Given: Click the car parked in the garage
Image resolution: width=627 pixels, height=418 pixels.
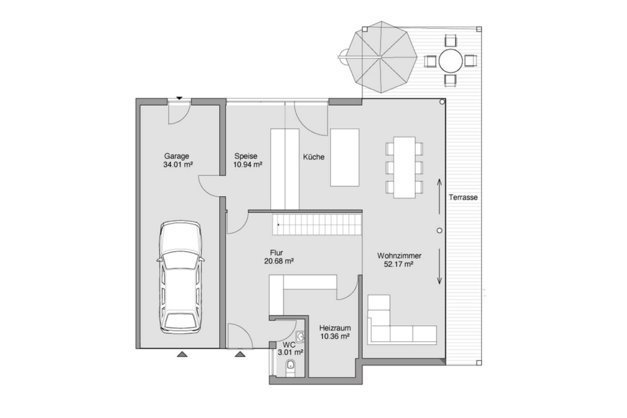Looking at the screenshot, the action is coord(180,277).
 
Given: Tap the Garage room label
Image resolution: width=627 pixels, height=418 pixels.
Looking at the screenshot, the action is coord(177,156).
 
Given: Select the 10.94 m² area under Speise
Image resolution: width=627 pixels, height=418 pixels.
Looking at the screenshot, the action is coord(248,165).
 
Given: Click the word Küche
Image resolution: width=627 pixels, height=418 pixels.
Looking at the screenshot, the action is coord(314,157).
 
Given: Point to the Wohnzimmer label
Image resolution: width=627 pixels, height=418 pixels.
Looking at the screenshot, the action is coord(399,256).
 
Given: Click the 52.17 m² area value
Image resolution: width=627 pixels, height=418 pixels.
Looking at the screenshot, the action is coord(399,264).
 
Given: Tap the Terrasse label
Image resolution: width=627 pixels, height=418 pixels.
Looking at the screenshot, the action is coord(463,197).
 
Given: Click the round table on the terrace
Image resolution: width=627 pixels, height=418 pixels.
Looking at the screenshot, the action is coord(450,61).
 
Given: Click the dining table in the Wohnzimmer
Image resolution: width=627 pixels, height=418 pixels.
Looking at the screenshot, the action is coord(404,167).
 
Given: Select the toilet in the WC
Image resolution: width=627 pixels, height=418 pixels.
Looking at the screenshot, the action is coord(291,367).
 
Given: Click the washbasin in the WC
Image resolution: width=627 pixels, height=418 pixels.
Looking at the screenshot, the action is coord(300,336).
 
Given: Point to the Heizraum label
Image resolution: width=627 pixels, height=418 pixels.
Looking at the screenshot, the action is coord(335,328).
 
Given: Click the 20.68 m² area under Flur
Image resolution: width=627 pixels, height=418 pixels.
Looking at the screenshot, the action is coord(279,262).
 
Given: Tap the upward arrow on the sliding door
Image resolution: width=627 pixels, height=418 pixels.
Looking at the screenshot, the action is coord(439,196).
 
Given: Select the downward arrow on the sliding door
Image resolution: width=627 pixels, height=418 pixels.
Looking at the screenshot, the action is coord(439,266).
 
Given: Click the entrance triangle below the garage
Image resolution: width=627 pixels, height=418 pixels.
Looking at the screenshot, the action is coord(182,354).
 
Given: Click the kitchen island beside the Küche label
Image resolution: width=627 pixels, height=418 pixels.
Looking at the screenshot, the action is coord(345,158).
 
